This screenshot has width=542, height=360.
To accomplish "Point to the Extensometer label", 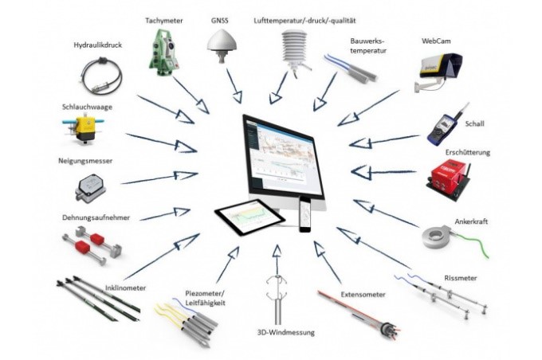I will (x=362, y=295).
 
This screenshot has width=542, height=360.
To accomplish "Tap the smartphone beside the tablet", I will (x=304, y=215).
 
